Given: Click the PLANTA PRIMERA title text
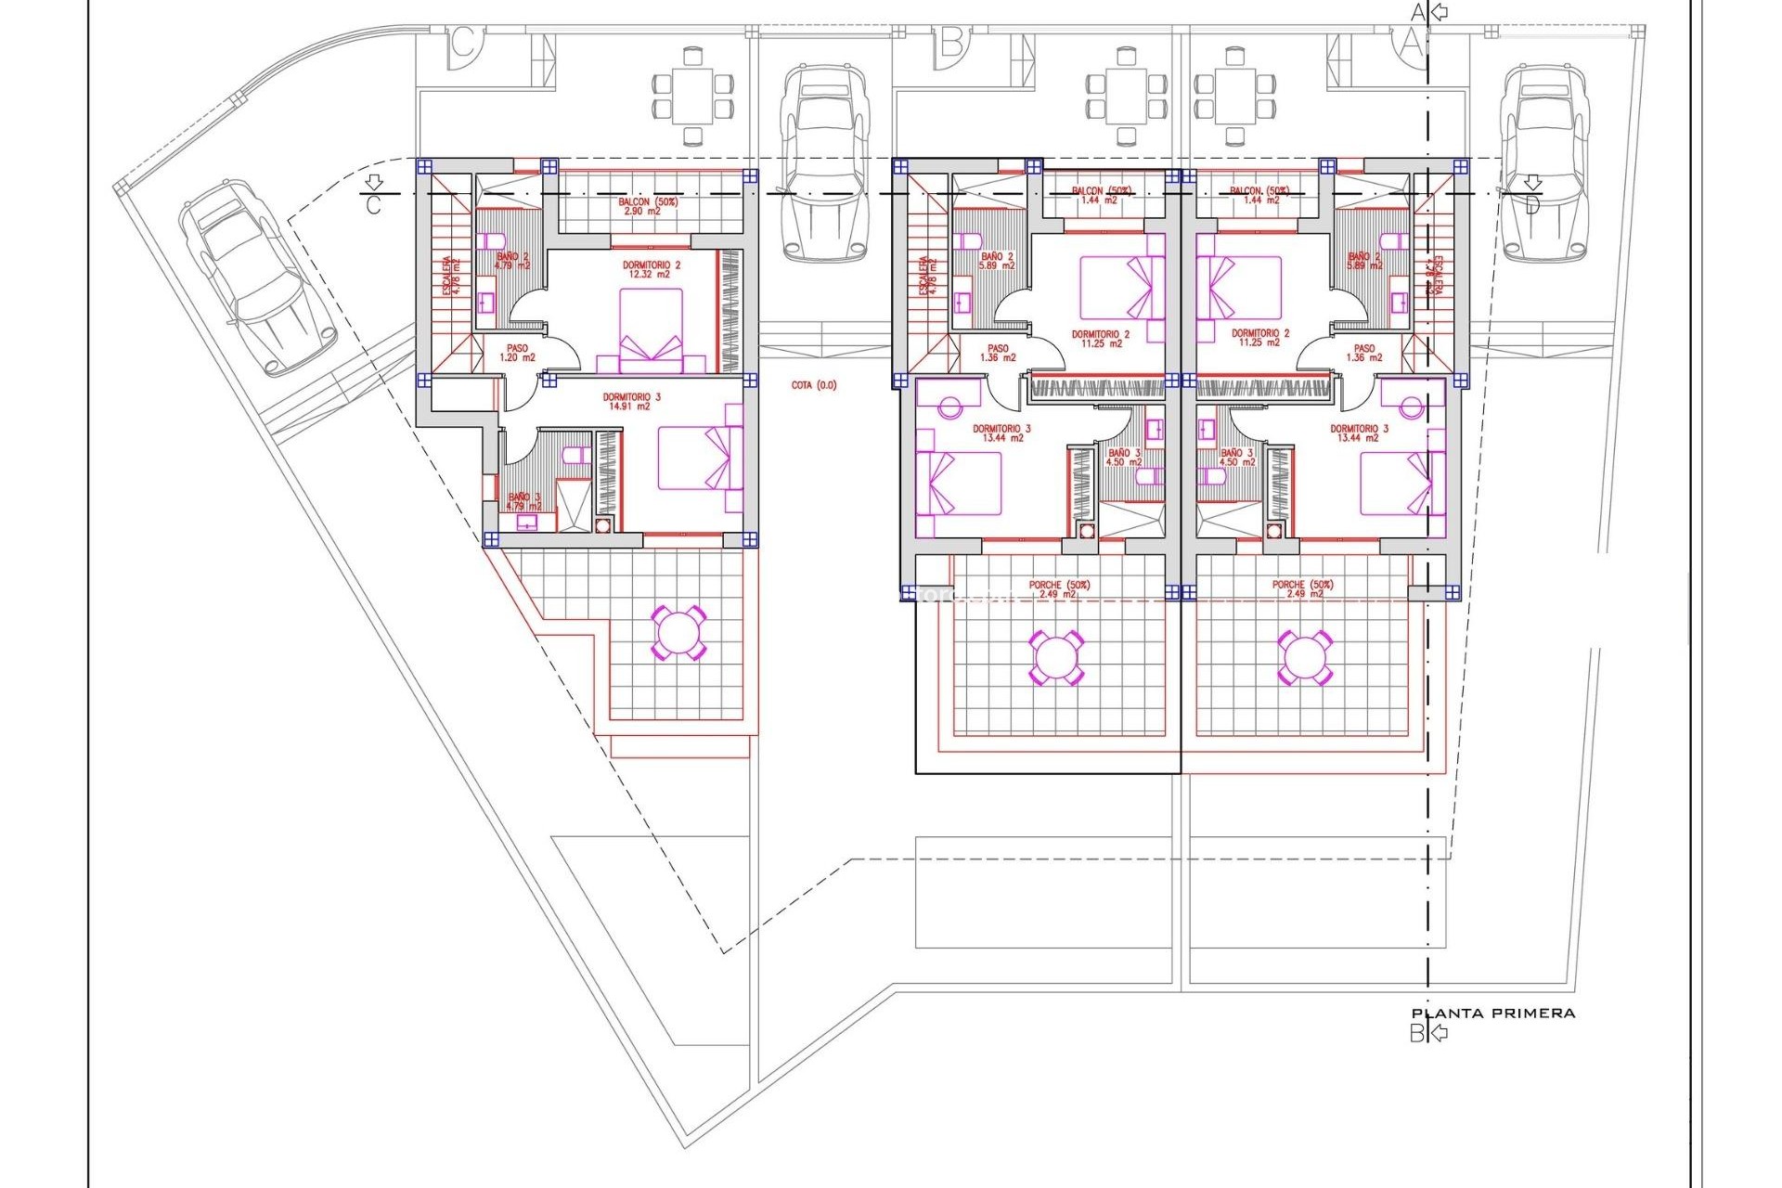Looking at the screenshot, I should click(x=1492, y=1014).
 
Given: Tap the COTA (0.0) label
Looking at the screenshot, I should click(x=814, y=385).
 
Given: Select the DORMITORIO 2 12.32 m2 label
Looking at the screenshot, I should click(x=651, y=270).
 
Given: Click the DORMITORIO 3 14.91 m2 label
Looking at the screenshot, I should click(x=631, y=401).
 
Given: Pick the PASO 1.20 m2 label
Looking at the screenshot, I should click(x=517, y=353).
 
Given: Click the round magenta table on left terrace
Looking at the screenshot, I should click(x=678, y=633).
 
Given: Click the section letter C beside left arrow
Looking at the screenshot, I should click(x=373, y=205).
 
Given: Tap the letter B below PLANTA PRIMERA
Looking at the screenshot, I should click(x=1416, y=1033).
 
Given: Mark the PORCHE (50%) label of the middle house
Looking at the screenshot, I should click(x=1059, y=589).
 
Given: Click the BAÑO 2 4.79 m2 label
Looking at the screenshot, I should click(x=512, y=260).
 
